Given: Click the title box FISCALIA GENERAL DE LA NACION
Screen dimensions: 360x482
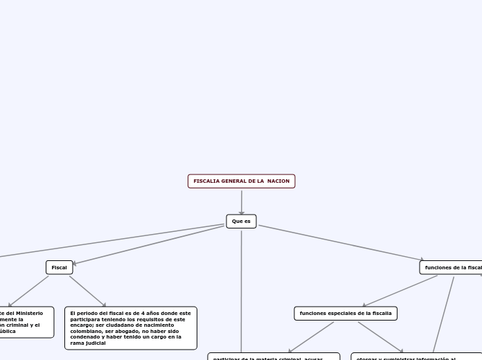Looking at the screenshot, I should [241, 181].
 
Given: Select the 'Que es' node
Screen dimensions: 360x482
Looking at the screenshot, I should [241, 222].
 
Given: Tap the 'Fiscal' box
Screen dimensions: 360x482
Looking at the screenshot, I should [59, 267].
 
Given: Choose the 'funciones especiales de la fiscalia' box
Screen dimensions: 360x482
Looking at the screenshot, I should [345, 314].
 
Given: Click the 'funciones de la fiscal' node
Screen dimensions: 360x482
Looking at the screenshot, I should [451, 267].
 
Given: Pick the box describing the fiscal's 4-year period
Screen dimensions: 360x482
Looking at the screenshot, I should [130, 328].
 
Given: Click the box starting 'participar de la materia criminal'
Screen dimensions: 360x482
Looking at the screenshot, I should [274, 357].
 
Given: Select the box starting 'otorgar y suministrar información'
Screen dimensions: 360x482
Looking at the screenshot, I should [416, 357].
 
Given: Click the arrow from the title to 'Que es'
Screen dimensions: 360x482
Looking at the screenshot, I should [242, 201].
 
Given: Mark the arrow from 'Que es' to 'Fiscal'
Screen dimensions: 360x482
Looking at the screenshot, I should [149, 244].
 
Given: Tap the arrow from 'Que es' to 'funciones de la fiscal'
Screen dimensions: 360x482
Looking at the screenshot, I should [339, 242].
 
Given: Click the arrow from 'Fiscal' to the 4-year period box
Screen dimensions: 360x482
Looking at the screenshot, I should [87, 291].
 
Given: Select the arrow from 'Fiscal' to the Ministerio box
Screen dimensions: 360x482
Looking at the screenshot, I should [29, 291].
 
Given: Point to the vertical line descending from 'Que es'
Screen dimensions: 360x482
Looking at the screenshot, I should [242, 291].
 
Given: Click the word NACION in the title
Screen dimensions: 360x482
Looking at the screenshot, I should [278, 181].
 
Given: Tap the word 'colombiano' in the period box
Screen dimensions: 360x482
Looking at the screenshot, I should [87, 331].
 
